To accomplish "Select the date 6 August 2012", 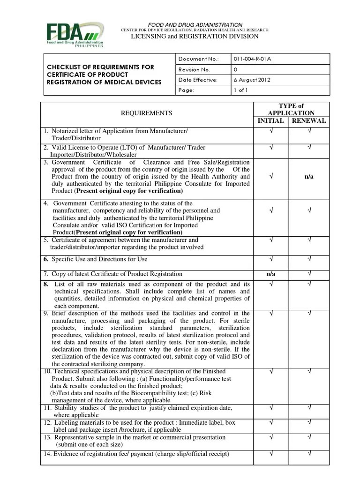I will click(253, 80).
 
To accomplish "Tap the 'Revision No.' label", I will click(194, 69).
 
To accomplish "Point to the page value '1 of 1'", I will click(240, 90).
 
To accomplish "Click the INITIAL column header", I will click(271, 120).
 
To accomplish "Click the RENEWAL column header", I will click(309, 120).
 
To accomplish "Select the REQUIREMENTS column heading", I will click(147, 113).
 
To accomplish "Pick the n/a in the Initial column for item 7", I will click(271, 274).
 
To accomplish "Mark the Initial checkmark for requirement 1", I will click(271, 132).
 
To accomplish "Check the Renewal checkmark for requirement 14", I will click(309, 453).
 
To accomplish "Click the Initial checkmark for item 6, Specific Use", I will click(271, 259).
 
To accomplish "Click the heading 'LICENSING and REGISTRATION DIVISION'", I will click(195, 36).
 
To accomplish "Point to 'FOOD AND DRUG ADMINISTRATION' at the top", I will click(195, 24).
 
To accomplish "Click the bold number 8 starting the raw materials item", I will click(46, 284).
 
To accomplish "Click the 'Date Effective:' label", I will click(198, 80).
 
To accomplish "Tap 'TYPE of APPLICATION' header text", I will click(291, 109).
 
